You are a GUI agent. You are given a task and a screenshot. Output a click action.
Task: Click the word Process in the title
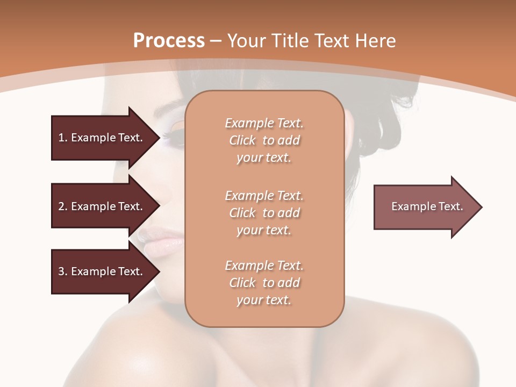[x=169, y=41]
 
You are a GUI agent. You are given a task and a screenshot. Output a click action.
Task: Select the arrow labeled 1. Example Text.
[x=102, y=138]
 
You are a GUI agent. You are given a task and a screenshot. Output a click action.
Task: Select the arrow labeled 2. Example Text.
[x=102, y=206]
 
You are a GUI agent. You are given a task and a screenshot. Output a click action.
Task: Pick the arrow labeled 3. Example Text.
[x=102, y=271]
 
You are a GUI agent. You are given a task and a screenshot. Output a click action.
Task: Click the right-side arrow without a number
[x=425, y=207]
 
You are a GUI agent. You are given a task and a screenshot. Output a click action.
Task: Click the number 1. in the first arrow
[x=63, y=138]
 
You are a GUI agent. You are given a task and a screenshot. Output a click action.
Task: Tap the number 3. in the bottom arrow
[x=63, y=271]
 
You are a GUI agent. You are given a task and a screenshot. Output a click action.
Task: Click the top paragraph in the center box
[x=264, y=140]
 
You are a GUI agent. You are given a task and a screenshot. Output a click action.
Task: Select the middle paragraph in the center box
[x=264, y=213]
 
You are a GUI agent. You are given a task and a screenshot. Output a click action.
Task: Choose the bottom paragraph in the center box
[x=264, y=283]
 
